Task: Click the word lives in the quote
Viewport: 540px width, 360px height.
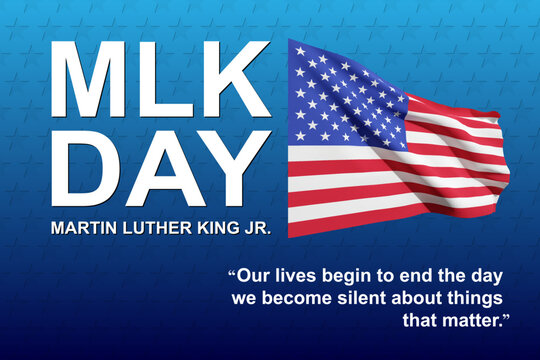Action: point(296,275)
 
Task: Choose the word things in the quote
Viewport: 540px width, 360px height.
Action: point(473,298)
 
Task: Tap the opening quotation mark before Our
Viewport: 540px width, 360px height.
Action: point(232,271)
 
